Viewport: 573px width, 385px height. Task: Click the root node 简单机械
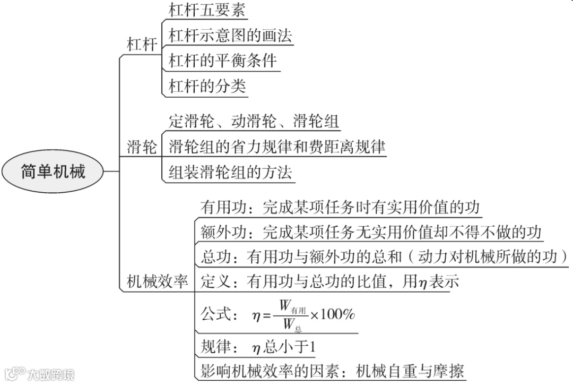point(53,172)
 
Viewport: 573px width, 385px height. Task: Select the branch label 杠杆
point(142,45)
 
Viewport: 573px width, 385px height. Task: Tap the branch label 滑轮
point(142,147)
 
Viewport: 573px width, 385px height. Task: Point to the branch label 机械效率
point(157,281)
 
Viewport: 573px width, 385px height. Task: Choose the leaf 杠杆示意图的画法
point(230,36)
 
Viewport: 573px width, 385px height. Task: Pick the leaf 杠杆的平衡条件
point(223,61)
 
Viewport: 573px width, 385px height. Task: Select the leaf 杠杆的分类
point(207,86)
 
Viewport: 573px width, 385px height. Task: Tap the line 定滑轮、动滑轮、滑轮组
point(254,122)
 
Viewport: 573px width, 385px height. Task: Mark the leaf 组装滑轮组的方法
point(230,172)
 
